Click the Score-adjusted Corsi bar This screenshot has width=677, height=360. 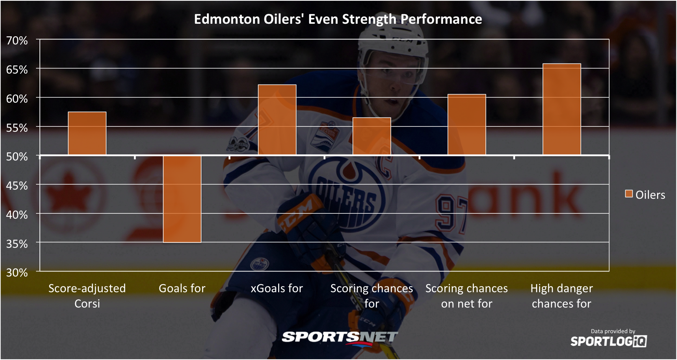click(87, 134)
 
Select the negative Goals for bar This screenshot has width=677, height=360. click(182, 199)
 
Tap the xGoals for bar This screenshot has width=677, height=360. click(277, 120)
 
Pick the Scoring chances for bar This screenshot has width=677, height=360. click(372, 136)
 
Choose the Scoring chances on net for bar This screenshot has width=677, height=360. click(467, 125)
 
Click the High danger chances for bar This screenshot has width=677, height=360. click(562, 110)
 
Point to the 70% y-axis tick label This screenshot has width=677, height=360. click(17, 40)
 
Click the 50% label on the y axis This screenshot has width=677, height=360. click(17, 156)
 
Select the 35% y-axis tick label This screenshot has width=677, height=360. click(17, 244)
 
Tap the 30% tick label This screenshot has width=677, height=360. click(17, 272)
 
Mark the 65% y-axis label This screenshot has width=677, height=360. click(17, 69)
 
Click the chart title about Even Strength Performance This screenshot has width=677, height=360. click(338, 19)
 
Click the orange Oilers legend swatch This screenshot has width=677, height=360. click(629, 194)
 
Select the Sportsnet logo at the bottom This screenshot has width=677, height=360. click(339, 337)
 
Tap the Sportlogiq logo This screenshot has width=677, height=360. click(608, 341)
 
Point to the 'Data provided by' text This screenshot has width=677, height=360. click(613, 331)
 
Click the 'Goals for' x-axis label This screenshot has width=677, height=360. click(182, 288)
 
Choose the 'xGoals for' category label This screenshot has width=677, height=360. click(277, 288)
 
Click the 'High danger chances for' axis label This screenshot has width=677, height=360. click(562, 296)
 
